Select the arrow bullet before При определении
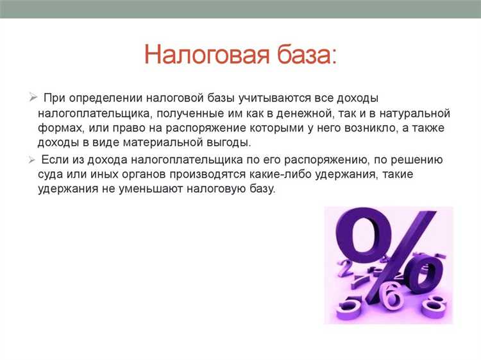(x=33, y=98)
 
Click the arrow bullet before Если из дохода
(x=33, y=159)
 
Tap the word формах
(x=57, y=128)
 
